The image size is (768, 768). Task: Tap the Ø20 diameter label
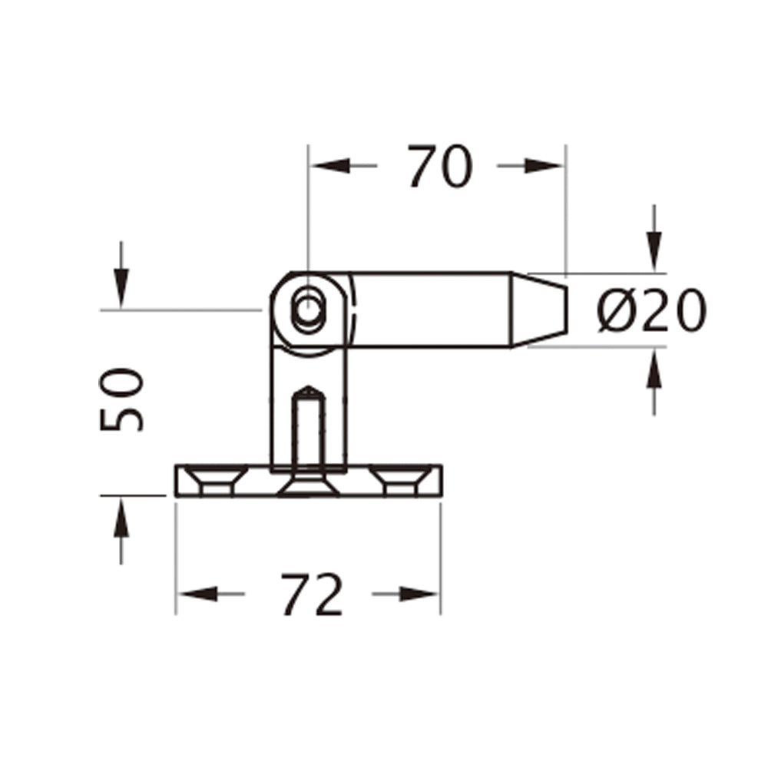click(x=650, y=311)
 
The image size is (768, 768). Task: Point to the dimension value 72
click(x=310, y=594)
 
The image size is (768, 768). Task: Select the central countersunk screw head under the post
click(x=307, y=485)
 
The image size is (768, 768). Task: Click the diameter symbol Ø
click(x=614, y=312)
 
